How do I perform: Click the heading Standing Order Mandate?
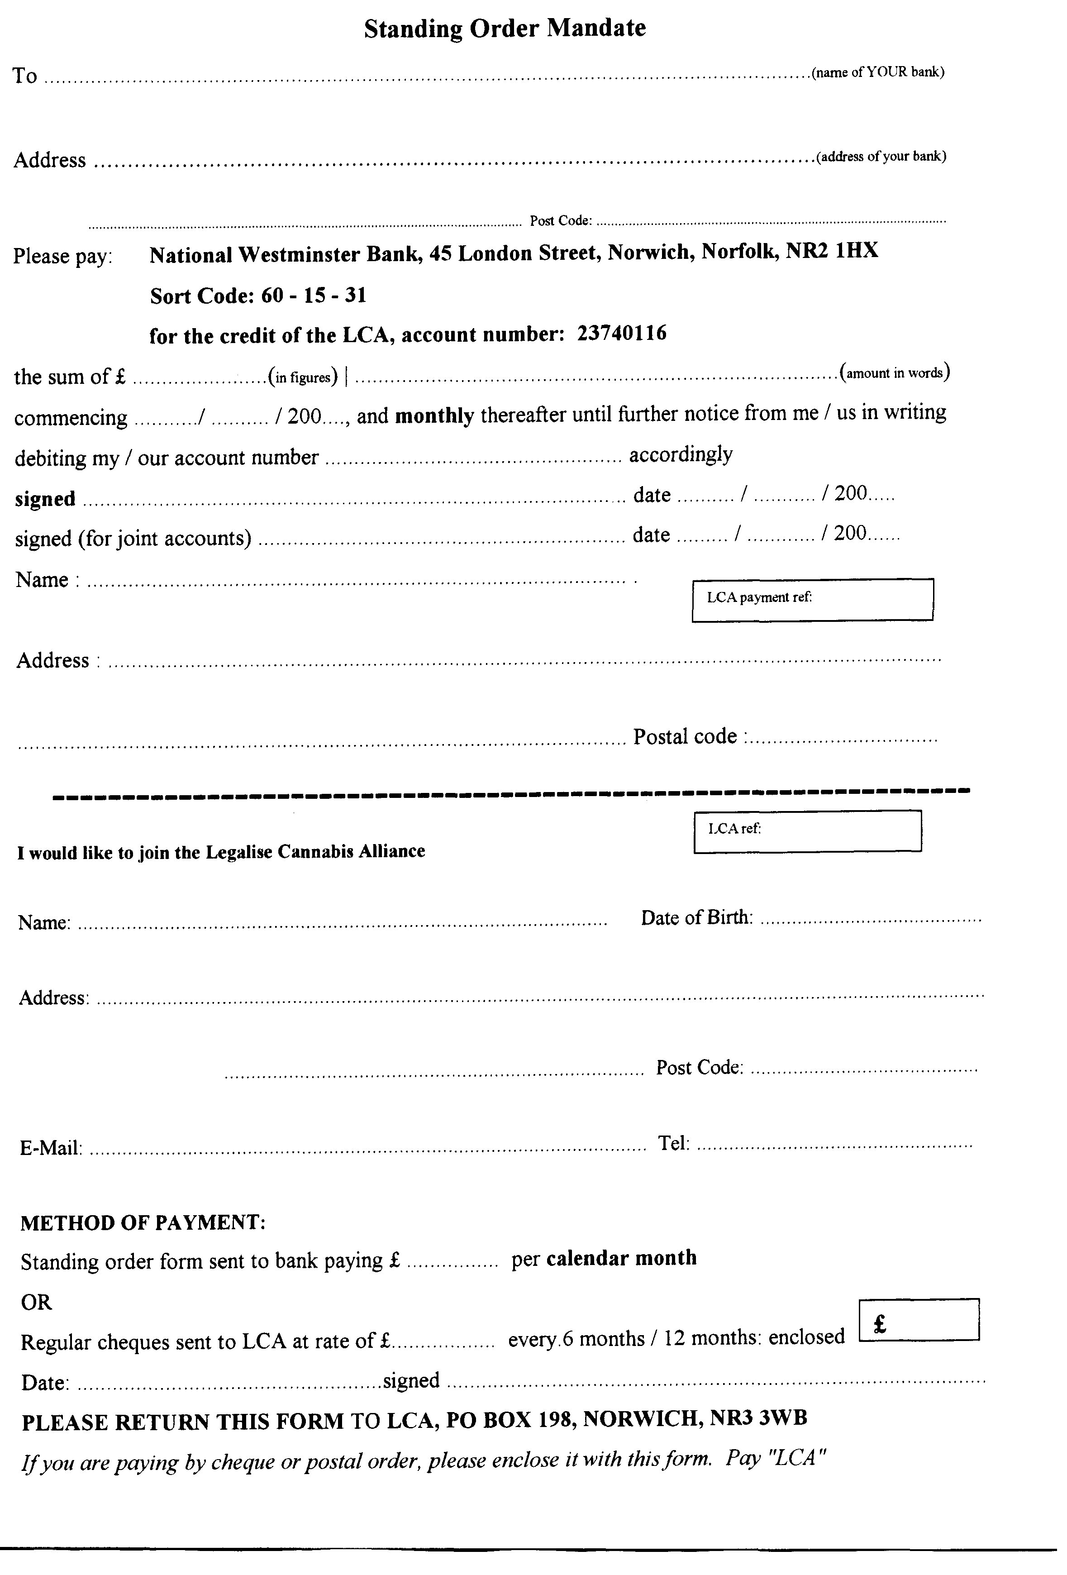coord(505,29)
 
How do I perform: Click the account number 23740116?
coord(621,333)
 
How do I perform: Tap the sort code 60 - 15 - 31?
coord(314,296)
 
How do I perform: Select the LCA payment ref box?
coord(812,599)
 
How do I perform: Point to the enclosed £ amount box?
coord(918,1319)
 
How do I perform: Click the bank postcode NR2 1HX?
coord(831,252)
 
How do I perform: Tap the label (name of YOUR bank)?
coord(877,72)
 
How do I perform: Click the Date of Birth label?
coord(696,918)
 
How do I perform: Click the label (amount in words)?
coord(894,373)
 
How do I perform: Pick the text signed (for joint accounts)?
coord(133,539)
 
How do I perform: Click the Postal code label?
coord(685,737)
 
